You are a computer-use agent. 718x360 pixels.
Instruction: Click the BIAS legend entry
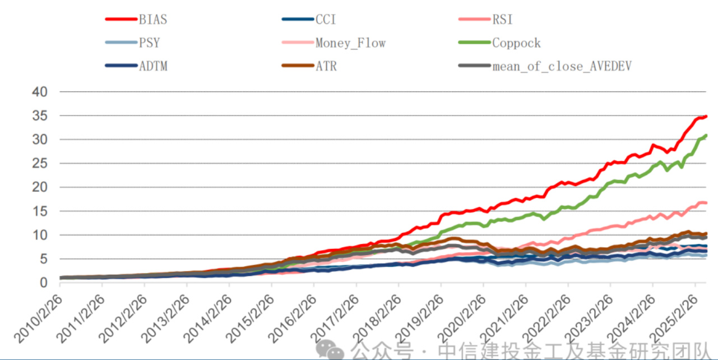(x=153, y=20)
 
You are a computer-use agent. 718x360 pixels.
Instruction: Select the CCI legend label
(x=326, y=20)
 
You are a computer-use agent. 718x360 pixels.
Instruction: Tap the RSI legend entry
(x=502, y=20)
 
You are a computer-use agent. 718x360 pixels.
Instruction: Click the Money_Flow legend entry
(x=350, y=43)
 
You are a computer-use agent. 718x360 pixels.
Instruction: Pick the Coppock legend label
(x=516, y=43)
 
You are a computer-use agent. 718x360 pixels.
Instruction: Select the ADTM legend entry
(x=153, y=66)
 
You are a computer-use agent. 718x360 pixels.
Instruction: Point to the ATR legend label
(x=326, y=66)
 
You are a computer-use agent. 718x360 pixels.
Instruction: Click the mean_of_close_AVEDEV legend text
(x=562, y=66)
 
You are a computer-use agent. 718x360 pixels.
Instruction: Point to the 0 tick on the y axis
(x=44, y=283)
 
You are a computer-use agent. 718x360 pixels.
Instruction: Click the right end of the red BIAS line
(x=706, y=116)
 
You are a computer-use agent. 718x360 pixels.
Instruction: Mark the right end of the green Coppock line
(x=706, y=135)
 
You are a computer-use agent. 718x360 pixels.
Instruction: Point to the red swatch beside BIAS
(x=121, y=20)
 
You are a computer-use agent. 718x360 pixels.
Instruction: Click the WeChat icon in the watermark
(x=331, y=350)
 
